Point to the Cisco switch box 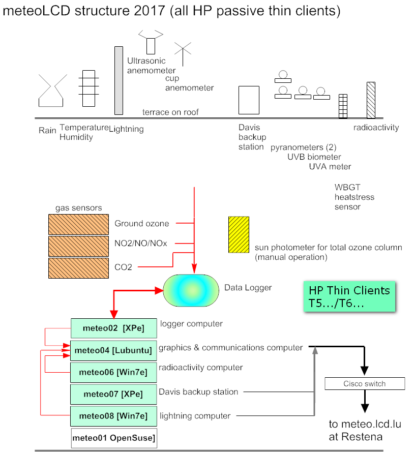[x=365, y=384]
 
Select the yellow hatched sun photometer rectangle [x=239, y=234]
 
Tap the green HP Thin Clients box [x=349, y=296]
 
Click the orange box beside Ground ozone [x=78, y=224]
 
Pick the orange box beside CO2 [x=78, y=268]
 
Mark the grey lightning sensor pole [x=119, y=80]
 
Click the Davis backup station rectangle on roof [x=249, y=100]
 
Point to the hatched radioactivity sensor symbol [x=371, y=100]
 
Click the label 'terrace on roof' [x=170, y=112]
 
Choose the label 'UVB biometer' [x=314, y=157]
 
